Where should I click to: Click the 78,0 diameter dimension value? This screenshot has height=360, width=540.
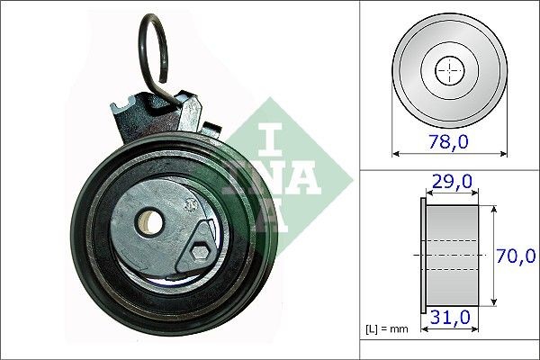click(x=448, y=141)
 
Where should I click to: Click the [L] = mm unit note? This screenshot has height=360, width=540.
click(x=387, y=328)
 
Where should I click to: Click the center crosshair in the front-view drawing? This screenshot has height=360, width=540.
click(x=447, y=69)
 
